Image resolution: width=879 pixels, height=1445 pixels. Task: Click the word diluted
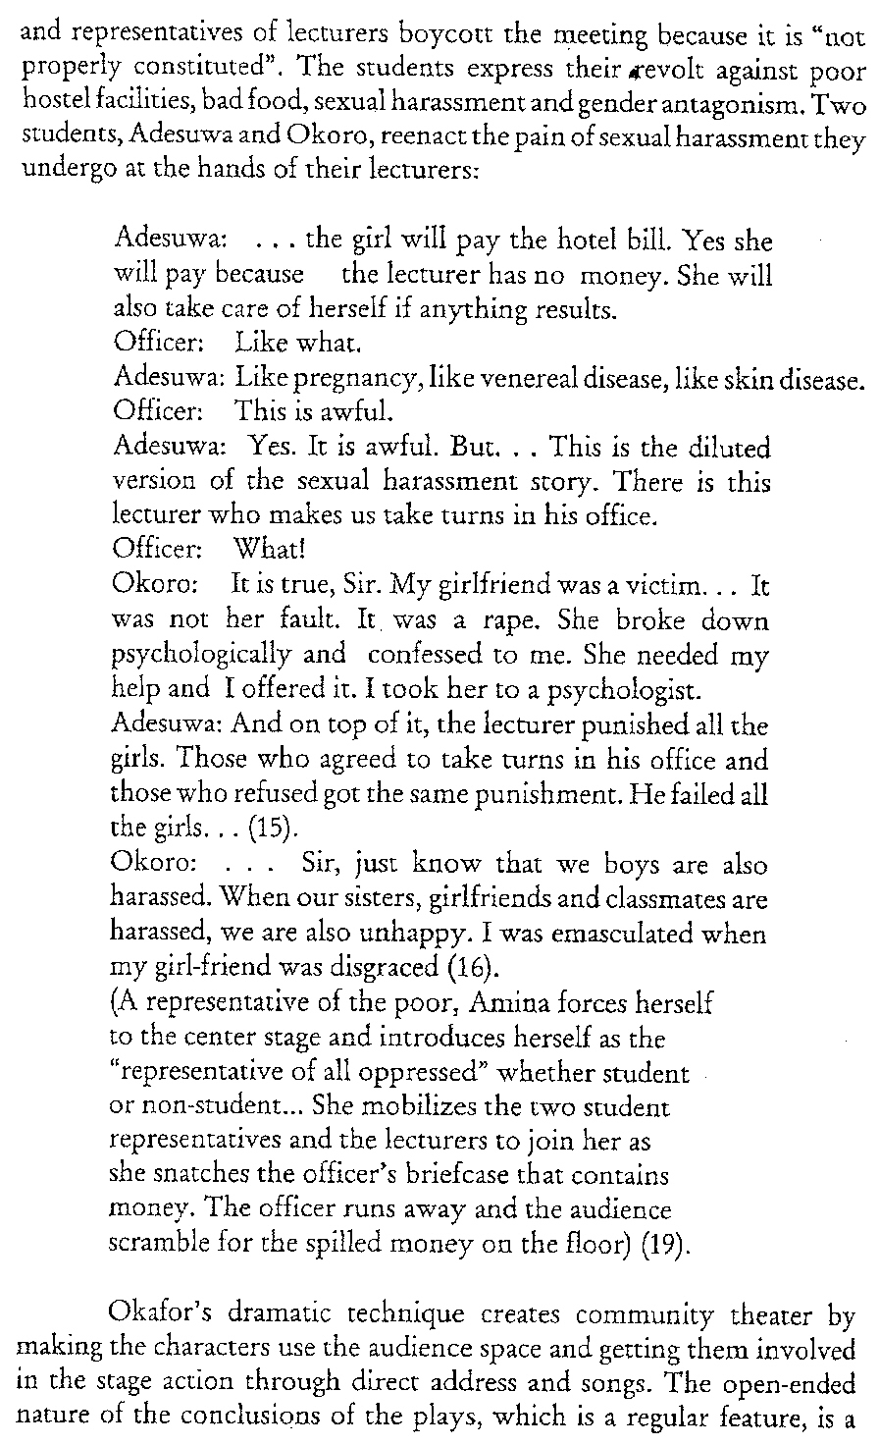729,453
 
